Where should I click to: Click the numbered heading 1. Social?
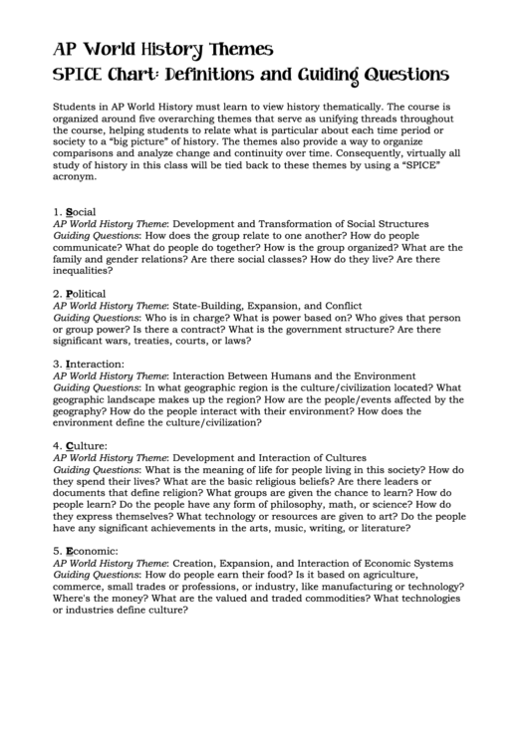pyautogui.click(x=75, y=212)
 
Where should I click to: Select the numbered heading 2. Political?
pyautogui.click(x=79, y=294)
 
